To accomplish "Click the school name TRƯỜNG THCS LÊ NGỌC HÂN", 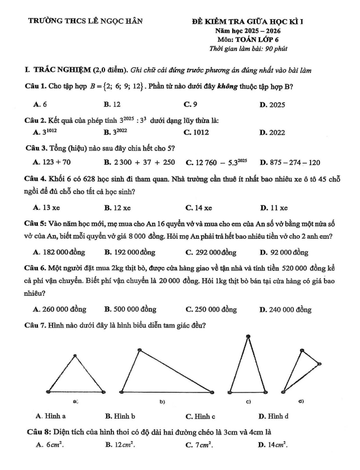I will (x=86, y=21).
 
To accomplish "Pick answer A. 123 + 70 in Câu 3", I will (x=52, y=162).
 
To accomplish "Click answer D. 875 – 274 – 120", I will (x=289, y=162).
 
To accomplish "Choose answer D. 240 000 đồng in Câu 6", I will (x=285, y=309).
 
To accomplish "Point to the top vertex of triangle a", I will (x=75, y=356).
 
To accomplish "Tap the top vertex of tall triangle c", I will (x=247, y=337).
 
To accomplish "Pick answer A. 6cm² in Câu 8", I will (x=49, y=445).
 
